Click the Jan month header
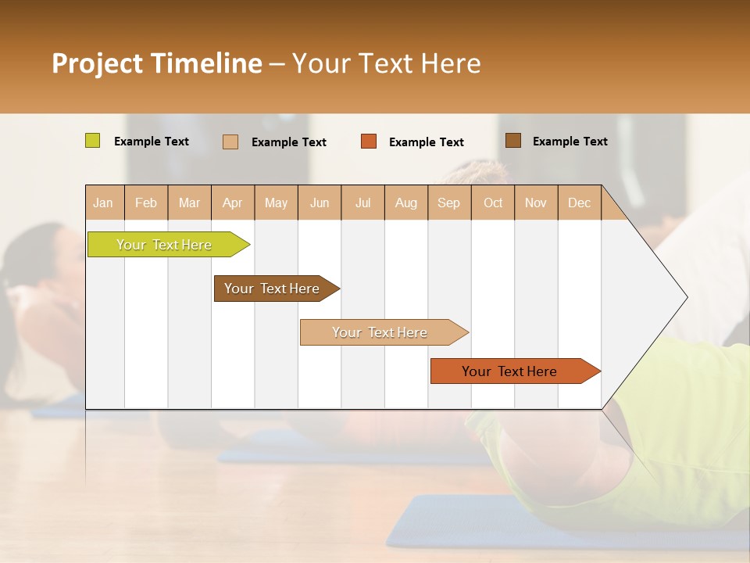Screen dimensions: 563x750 click(104, 203)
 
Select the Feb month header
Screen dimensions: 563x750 click(146, 203)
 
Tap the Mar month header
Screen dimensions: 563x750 click(189, 203)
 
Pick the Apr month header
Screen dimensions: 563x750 click(233, 203)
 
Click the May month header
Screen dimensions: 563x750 click(276, 203)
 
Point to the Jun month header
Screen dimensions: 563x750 click(320, 203)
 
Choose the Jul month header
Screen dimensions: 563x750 click(362, 203)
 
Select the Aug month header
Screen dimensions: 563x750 click(406, 203)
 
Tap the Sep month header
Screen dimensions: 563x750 click(449, 203)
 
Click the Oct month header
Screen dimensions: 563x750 click(493, 203)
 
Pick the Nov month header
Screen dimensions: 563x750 click(536, 203)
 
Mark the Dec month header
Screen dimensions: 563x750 click(580, 203)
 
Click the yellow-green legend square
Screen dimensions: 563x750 click(93, 141)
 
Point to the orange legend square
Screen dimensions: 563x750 click(369, 142)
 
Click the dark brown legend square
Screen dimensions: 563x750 click(512, 141)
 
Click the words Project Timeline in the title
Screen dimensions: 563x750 click(157, 63)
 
